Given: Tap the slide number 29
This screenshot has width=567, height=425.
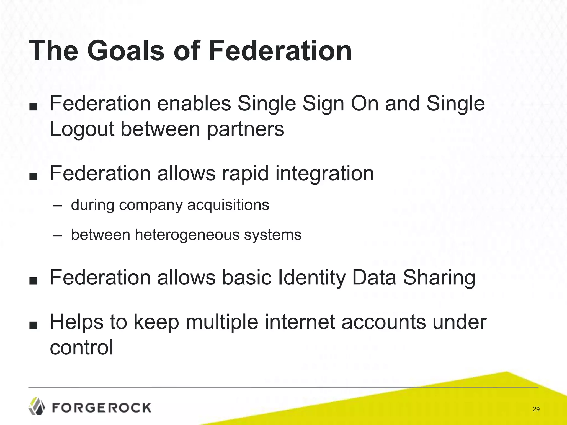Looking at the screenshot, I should (536, 409).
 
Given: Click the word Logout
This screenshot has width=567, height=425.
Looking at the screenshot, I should (82, 129).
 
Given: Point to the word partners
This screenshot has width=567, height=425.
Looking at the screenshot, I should (245, 129).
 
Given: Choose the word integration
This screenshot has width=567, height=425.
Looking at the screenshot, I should (324, 174).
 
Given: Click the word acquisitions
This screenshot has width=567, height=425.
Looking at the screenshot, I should (228, 205).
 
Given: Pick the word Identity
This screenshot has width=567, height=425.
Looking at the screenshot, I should (312, 278).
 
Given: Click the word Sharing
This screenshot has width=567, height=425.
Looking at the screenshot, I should (439, 278).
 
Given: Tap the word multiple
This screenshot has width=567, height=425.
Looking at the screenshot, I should (222, 322).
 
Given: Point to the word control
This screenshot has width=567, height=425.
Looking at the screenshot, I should (81, 348).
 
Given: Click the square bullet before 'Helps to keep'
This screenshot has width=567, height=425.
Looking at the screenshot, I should (33, 325).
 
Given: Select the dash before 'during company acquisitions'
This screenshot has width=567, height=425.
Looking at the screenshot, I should (57, 206).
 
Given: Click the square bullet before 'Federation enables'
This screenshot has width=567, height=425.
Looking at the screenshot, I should (33, 107).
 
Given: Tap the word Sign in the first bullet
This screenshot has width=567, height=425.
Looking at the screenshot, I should (323, 104).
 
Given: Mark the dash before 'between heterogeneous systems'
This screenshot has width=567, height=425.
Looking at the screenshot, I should (57, 235).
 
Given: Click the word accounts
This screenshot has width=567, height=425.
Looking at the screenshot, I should (384, 322).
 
